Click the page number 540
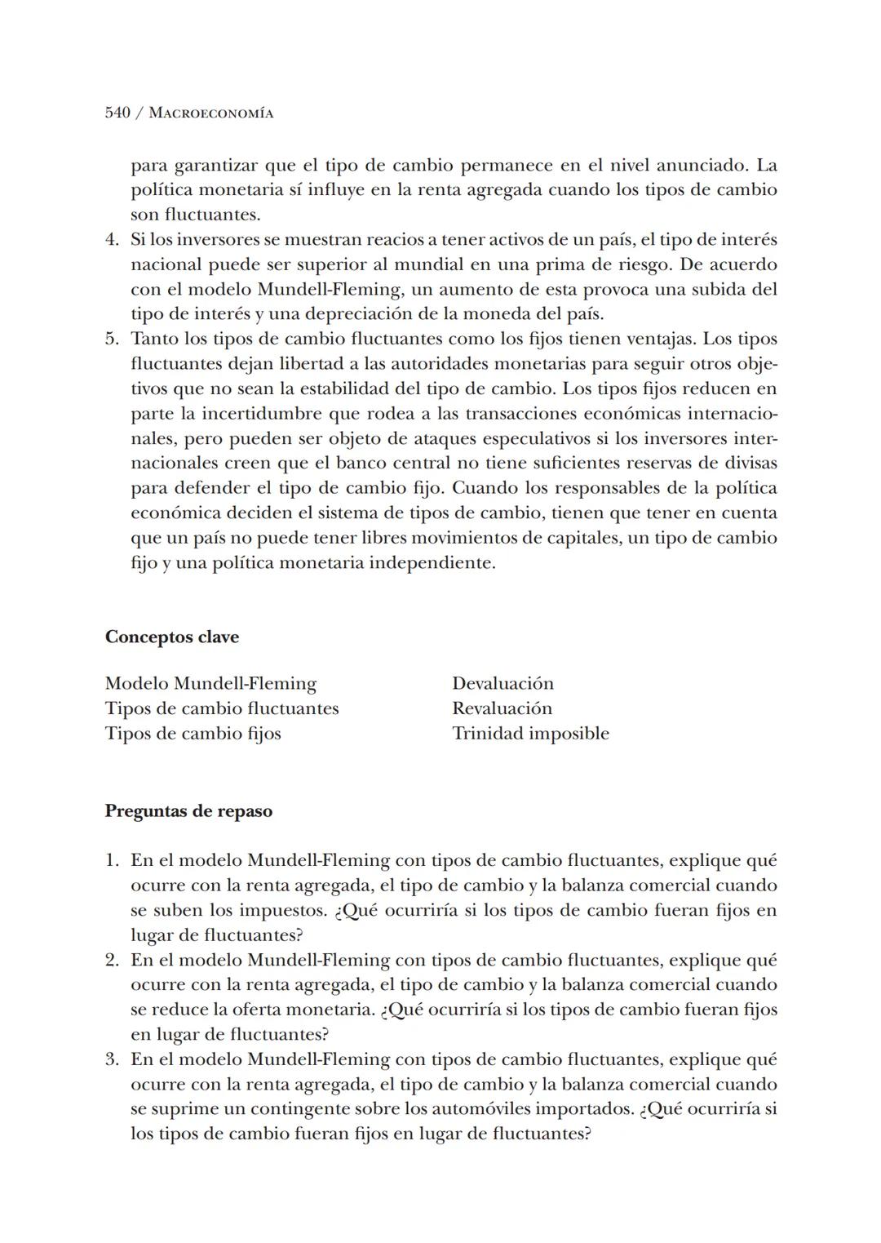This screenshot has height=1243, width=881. click(117, 113)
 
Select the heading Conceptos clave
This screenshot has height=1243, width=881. click(172, 637)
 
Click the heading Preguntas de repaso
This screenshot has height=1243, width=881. click(188, 811)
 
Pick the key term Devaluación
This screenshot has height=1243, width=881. click(502, 683)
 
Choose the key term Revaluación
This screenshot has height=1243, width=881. click(502, 708)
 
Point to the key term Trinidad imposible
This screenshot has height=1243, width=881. click(530, 733)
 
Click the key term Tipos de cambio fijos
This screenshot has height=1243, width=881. click(193, 733)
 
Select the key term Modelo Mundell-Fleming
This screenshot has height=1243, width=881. click(210, 683)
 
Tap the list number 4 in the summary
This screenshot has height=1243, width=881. click(111, 240)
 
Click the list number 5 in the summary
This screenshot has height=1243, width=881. click(111, 339)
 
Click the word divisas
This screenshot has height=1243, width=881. click(750, 463)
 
